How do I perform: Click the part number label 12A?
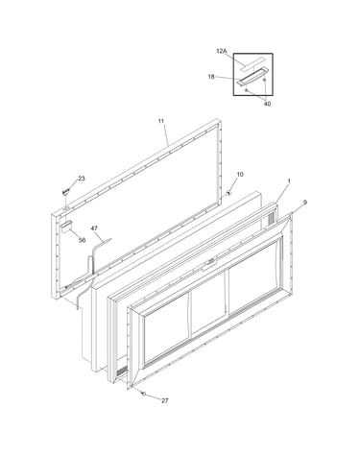click(222, 51)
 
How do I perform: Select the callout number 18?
click(211, 77)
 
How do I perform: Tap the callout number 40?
click(267, 104)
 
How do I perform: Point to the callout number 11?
click(161, 121)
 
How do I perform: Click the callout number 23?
click(82, 179)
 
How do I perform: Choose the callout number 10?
click(240, 175)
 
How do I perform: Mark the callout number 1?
click(289, 181)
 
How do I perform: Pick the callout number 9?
click(305, 203)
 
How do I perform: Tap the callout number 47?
click(94, 228)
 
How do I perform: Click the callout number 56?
click(83, 240)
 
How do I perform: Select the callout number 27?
click(164, 400)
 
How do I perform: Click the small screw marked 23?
click(65, 192)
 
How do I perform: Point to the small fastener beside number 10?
click(228, 193)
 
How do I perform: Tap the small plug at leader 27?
click(144, 393)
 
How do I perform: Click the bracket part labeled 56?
click(66, 227)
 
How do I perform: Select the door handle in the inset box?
click(252, 77)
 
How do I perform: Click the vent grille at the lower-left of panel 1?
click(121, 372)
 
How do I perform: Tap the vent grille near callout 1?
click(271, 218)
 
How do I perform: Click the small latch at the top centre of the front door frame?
click(211, 261)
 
